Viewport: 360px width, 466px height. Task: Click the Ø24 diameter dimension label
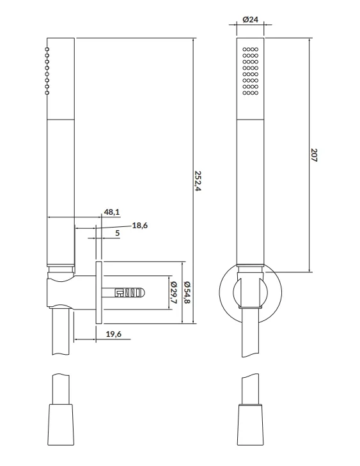point(250,20)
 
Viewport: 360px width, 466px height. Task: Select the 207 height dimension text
point(314,155)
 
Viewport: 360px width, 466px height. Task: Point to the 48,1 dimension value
point(112,212)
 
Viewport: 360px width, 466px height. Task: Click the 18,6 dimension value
point(140,225)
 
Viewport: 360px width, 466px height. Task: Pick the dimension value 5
point(118,233)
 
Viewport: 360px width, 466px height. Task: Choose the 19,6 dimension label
point(114,334)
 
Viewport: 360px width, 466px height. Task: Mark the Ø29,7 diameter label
point(174,292)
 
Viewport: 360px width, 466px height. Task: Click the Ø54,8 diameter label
point(187,292)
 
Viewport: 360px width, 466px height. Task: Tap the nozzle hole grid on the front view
point(250,71)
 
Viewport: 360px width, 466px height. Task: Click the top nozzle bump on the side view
point(47,49)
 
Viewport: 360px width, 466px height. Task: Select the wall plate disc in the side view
point(98,293)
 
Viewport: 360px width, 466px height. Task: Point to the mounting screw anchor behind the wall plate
point(123,293)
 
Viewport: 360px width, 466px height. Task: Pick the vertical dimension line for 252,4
point(193,181)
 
